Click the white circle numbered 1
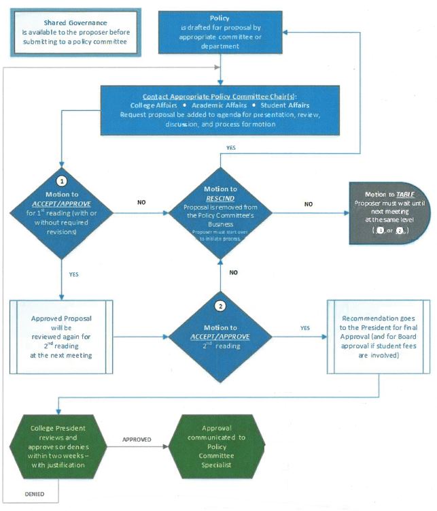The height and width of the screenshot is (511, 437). tap(62, 182)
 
